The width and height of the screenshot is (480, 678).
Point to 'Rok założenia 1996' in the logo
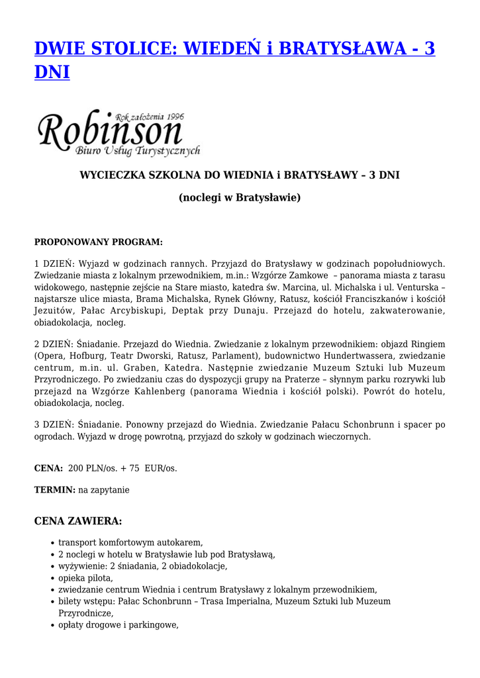pos(149,117)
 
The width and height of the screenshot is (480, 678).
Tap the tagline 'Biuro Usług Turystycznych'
pos(138,151)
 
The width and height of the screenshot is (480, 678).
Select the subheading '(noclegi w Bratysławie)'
pos(240,197)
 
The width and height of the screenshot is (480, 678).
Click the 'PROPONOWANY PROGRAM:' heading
pos(98,242)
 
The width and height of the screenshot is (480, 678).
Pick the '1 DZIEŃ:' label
pos(56,264)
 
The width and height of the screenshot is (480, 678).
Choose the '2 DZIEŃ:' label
pos(56,344)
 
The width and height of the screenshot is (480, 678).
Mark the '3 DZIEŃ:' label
pos(56,424)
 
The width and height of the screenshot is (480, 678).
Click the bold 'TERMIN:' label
pos(55,490)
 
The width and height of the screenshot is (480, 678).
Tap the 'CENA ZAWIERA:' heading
pos(78,521)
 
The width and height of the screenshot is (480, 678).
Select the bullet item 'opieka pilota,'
pos(85,577)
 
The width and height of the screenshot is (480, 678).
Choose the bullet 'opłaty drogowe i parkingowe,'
pos(119,625)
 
